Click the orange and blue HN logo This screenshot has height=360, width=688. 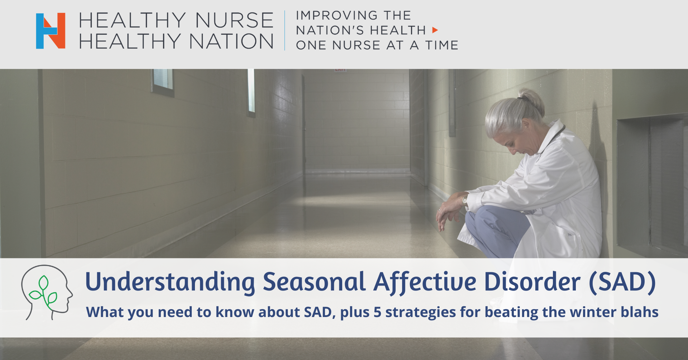[51, 31]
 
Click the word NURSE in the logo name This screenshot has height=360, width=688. [234, 20]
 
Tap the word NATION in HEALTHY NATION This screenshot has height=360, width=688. [231, 41]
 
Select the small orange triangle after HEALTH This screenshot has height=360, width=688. [435, 30]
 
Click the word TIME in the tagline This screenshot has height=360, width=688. [442, 45]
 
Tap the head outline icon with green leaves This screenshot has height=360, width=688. [47, 292]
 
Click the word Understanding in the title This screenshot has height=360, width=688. [170, 282]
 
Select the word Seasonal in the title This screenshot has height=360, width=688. [314, 282]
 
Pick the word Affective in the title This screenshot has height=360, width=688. [425, 282]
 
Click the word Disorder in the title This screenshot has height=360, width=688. [532, 282]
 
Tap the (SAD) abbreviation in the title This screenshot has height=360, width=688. [622, 282]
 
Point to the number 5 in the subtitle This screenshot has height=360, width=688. [377, 312]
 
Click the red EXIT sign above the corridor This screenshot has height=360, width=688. [340, 70]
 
